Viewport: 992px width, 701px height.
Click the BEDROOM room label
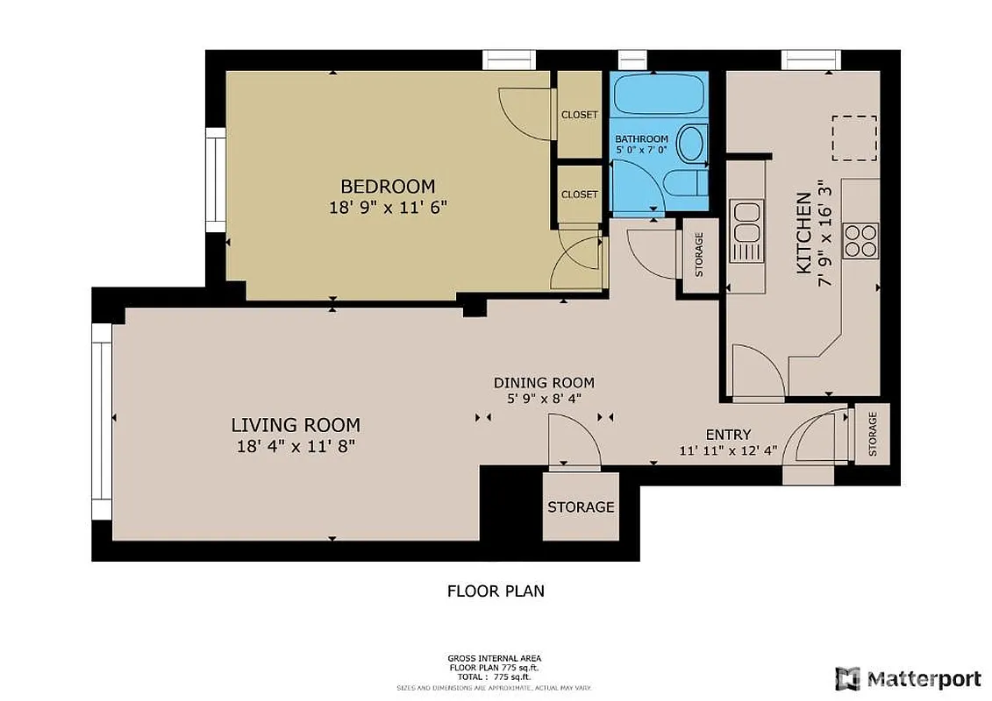pyautogui.click(x=387, y=186)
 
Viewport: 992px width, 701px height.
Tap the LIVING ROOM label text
pyautogui.click(x=295, y=425)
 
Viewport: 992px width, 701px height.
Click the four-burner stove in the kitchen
pyautogui.click(x=860, y=240)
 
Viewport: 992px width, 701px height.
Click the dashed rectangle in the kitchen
pyautogui.click(x=853, y=138)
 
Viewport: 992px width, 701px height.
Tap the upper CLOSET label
pyautogui.click(x=579, y=115)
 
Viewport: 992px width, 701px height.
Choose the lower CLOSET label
pyautogui.click(x=579, y=195)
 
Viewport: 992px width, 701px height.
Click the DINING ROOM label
pyautogui.click(x=544, y=383)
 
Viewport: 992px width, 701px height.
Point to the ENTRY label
pyautogui.click(x=728, y=435)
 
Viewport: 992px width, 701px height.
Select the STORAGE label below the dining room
pyautogui.click(x=581, y=506)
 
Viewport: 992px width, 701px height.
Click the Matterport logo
pyautogui.click(x=908, y=677)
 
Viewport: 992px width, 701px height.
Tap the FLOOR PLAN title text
pyautogui.click(x=496, y=591)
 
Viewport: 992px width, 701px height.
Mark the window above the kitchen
pyautogui.click(x=810, y=60)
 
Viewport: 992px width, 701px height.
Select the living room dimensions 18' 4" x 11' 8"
pyautogui.click(x=295, y=446)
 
